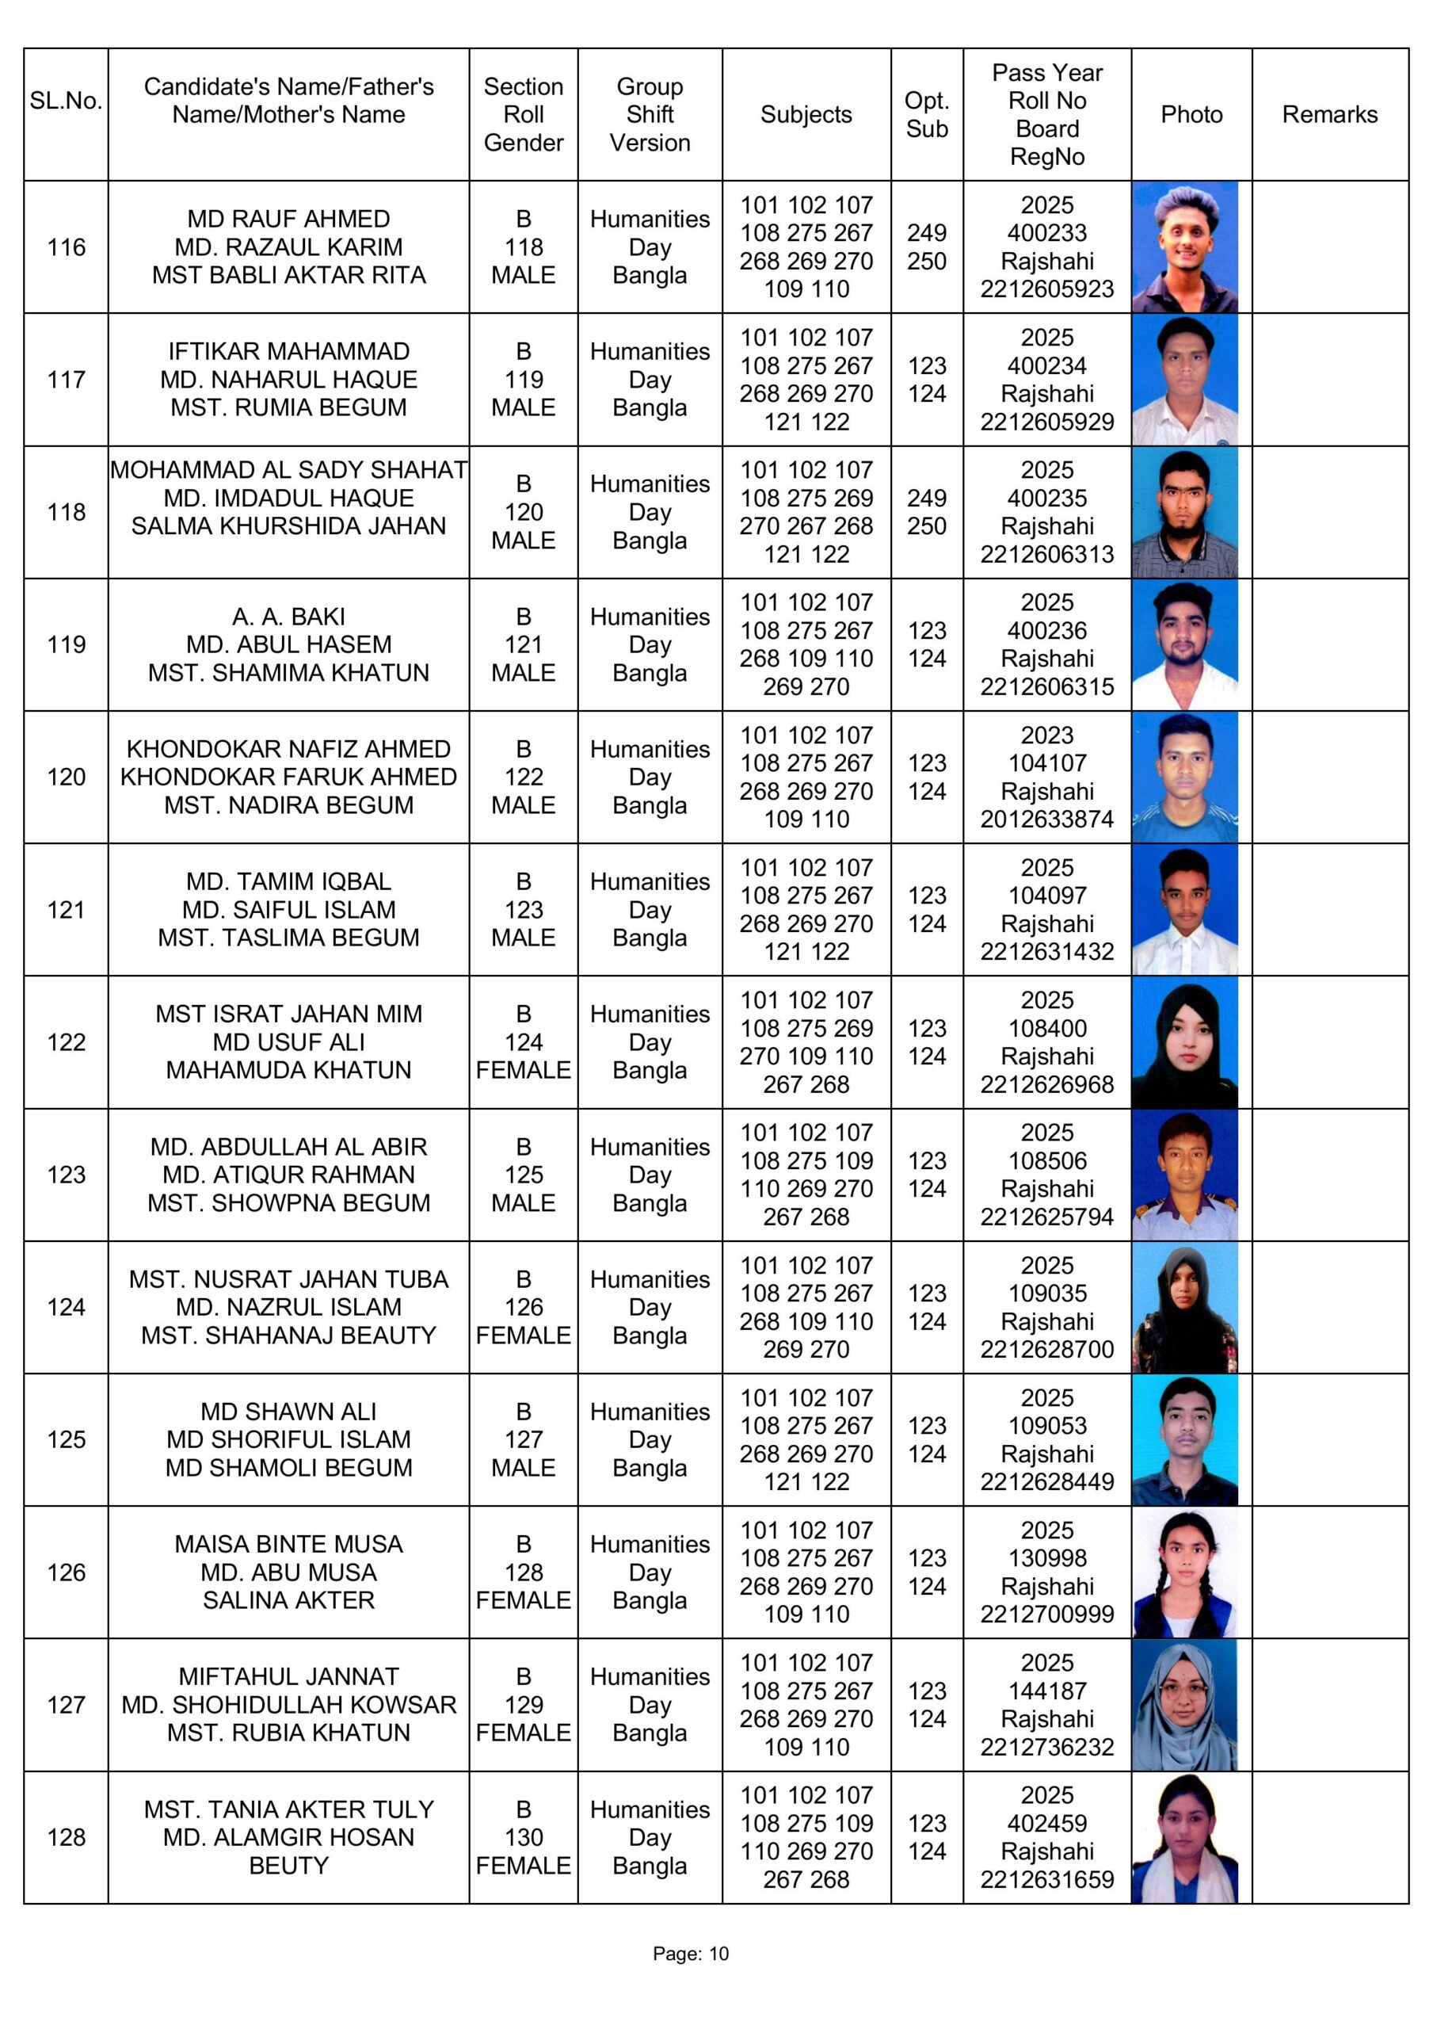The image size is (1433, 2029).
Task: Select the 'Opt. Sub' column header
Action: coord(926,115)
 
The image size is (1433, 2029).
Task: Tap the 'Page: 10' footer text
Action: coord(690,1953)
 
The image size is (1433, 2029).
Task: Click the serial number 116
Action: coord(67,247)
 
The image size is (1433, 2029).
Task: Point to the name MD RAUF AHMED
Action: coord(288,220)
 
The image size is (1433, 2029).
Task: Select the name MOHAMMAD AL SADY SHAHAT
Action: coord(288,470)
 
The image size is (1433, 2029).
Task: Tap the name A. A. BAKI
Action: coord(288,617)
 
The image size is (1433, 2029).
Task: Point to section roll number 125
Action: coord(523,1175)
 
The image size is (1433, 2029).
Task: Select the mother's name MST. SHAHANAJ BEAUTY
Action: coord(288,1335)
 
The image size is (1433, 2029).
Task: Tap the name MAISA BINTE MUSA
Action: coord(288,1544)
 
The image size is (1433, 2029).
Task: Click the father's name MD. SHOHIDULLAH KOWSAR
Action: coord(288,1705)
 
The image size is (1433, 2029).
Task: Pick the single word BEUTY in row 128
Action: coord(288,1866)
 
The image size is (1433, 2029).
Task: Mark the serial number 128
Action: coord(67,1837)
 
